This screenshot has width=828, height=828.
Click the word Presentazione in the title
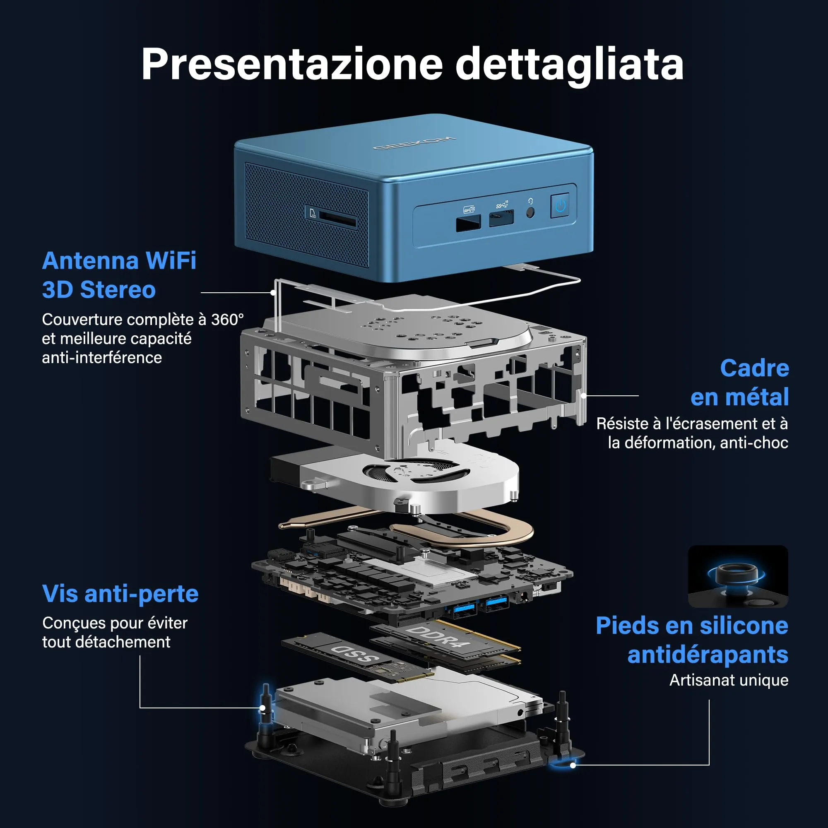[x=291, y=64]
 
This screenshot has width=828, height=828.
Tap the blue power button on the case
[x=560, y=206]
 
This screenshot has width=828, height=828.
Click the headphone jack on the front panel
[x=530, y=212]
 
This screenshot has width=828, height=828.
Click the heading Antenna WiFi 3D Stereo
[x=119, y=275]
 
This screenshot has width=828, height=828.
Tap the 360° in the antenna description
[x=227, y=320]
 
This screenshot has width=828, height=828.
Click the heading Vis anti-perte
[x=120, y=594]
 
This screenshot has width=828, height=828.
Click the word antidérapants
[x=708, y=655]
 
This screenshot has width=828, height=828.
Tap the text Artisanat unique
[x=729, y=680]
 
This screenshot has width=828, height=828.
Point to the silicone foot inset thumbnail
[x=738, y=576]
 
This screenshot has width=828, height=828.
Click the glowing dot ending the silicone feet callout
[x=573, y=765]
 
